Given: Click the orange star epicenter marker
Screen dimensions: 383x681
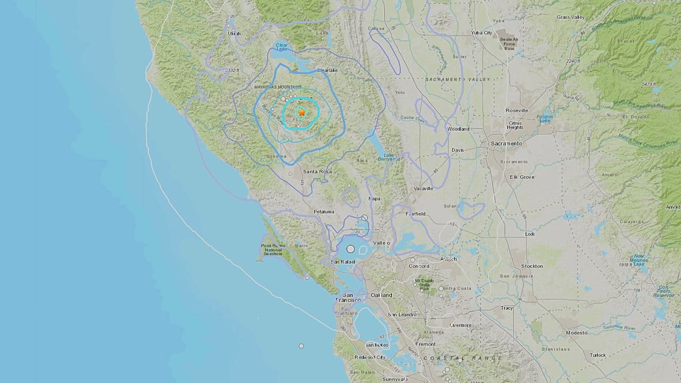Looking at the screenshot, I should tap(302, 113).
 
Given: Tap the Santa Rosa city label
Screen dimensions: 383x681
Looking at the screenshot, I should tap(318, 171).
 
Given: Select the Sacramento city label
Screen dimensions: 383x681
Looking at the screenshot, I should tap(506, 144).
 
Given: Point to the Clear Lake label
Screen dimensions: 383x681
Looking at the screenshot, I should tap(281, 48).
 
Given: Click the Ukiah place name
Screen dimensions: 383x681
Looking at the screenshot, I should tap(234, 34).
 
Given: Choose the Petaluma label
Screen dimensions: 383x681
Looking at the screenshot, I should tap(324, 212).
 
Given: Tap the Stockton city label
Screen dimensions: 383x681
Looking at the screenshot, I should tap(532, 266).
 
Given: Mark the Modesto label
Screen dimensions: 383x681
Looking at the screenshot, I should tap(577, 332).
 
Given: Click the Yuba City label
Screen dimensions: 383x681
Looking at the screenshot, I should tap(481, 33).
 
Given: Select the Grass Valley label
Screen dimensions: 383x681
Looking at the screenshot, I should tap(571, 17).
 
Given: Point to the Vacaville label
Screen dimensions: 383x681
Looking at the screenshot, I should tap(423, 188).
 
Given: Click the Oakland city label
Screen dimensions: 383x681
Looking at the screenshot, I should tap(381, 295).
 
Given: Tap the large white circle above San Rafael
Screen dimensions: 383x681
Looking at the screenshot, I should tap(351, 249).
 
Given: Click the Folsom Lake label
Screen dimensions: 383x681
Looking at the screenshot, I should tap(545, 119).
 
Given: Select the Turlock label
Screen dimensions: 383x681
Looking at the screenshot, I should tap(597, 355).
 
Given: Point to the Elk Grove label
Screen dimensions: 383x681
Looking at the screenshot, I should tap(521, 177).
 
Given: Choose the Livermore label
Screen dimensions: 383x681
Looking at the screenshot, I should tap(461, 325).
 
